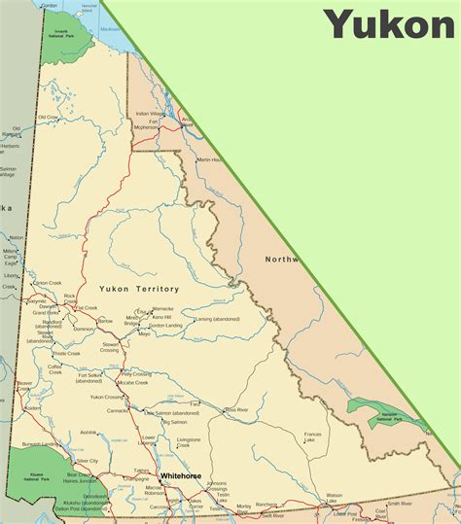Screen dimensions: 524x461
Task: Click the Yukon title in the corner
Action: click(x=389, y=23)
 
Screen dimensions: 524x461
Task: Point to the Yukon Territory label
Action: click(x=139, y=289)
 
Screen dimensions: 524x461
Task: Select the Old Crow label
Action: click(x=49, y=117)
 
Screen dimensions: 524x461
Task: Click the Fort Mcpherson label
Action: click(x=146, y=123)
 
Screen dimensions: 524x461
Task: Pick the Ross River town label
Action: click(x=237, y=410)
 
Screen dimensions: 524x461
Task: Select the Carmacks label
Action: click(x=117, y=410)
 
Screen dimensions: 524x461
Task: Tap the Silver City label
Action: click(x=88, y=461)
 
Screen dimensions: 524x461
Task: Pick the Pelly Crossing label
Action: click(x=136, y=374)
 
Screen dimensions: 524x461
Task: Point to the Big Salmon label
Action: click(x=174, y=422)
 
